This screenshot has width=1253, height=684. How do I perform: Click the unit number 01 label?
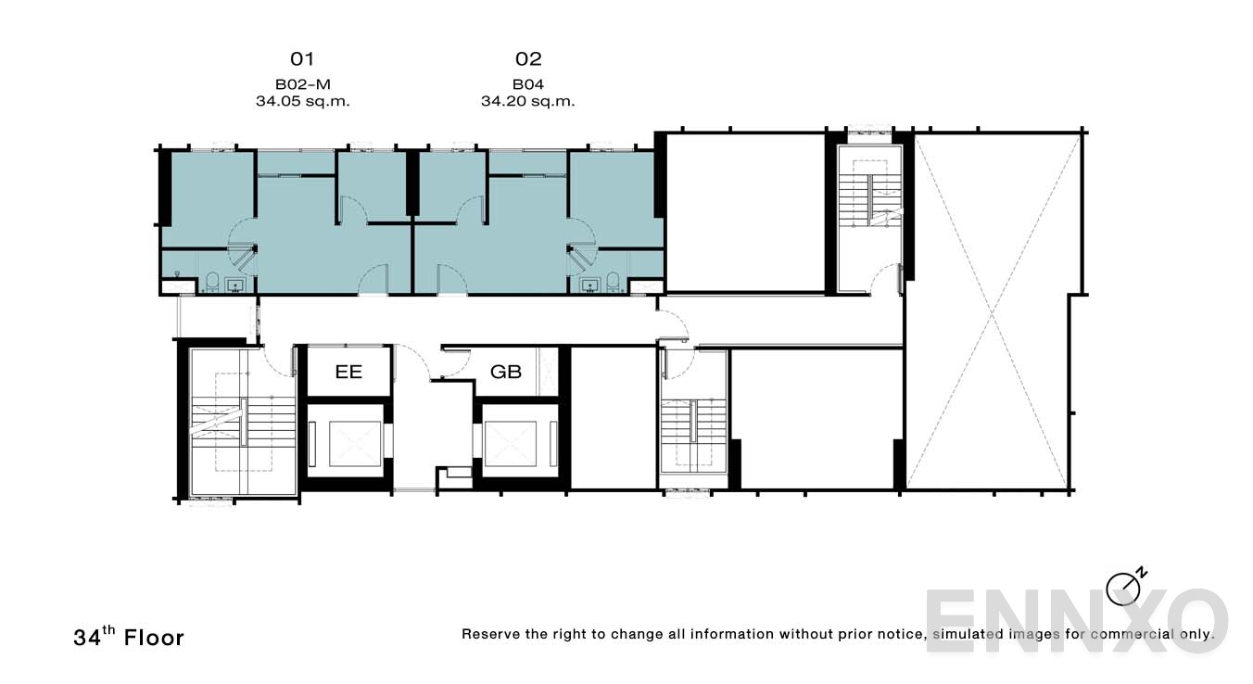(x=302, y=59)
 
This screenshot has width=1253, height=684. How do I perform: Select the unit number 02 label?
(x=527, y=59)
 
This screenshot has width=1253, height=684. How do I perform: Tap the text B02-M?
(x=302, y=84)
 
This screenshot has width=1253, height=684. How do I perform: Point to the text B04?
(x=527, y=84)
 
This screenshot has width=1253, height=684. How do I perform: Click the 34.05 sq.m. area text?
(x=302, y=101)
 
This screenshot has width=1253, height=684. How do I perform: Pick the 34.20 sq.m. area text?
(x=527, y=101)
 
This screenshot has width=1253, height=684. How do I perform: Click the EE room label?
(x=348, y=373)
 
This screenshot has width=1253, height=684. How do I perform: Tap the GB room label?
(x=506, y=373)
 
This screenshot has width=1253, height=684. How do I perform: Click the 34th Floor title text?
(x=129, y=637)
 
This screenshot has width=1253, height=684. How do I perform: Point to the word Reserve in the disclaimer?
(x=492, y=635)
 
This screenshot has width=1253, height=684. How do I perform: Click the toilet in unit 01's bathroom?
(x=211, y=283)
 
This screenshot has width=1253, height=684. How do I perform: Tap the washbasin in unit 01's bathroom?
(x=235, y=285)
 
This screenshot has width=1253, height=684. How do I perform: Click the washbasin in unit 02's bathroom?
(x=589, y=285)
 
